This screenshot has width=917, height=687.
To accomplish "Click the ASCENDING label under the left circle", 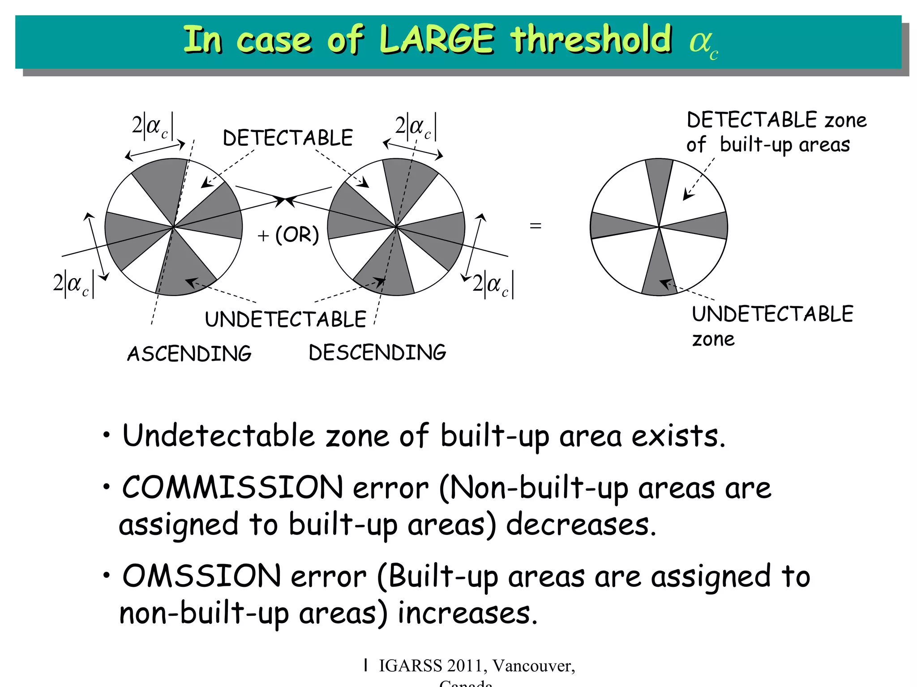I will coord(189,354).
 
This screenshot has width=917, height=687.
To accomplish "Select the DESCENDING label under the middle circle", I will coord(377,352).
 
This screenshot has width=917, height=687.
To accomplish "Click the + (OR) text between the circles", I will coord(289,235).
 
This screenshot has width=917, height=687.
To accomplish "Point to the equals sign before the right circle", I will coord(536,226).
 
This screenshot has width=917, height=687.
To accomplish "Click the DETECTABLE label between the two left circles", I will coord(288,138).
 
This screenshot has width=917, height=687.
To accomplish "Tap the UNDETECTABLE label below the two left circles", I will coord(286,319).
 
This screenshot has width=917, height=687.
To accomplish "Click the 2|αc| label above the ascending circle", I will coord(153,126).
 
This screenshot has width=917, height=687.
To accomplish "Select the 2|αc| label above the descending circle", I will coord(416,127).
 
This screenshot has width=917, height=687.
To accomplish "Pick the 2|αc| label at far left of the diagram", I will coord(73,284).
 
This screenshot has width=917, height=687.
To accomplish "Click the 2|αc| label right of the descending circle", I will coord(493,284).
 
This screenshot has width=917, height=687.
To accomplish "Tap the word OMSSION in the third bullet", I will coord(201,576).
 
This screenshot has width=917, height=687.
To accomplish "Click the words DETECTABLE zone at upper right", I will coord(776,120).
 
